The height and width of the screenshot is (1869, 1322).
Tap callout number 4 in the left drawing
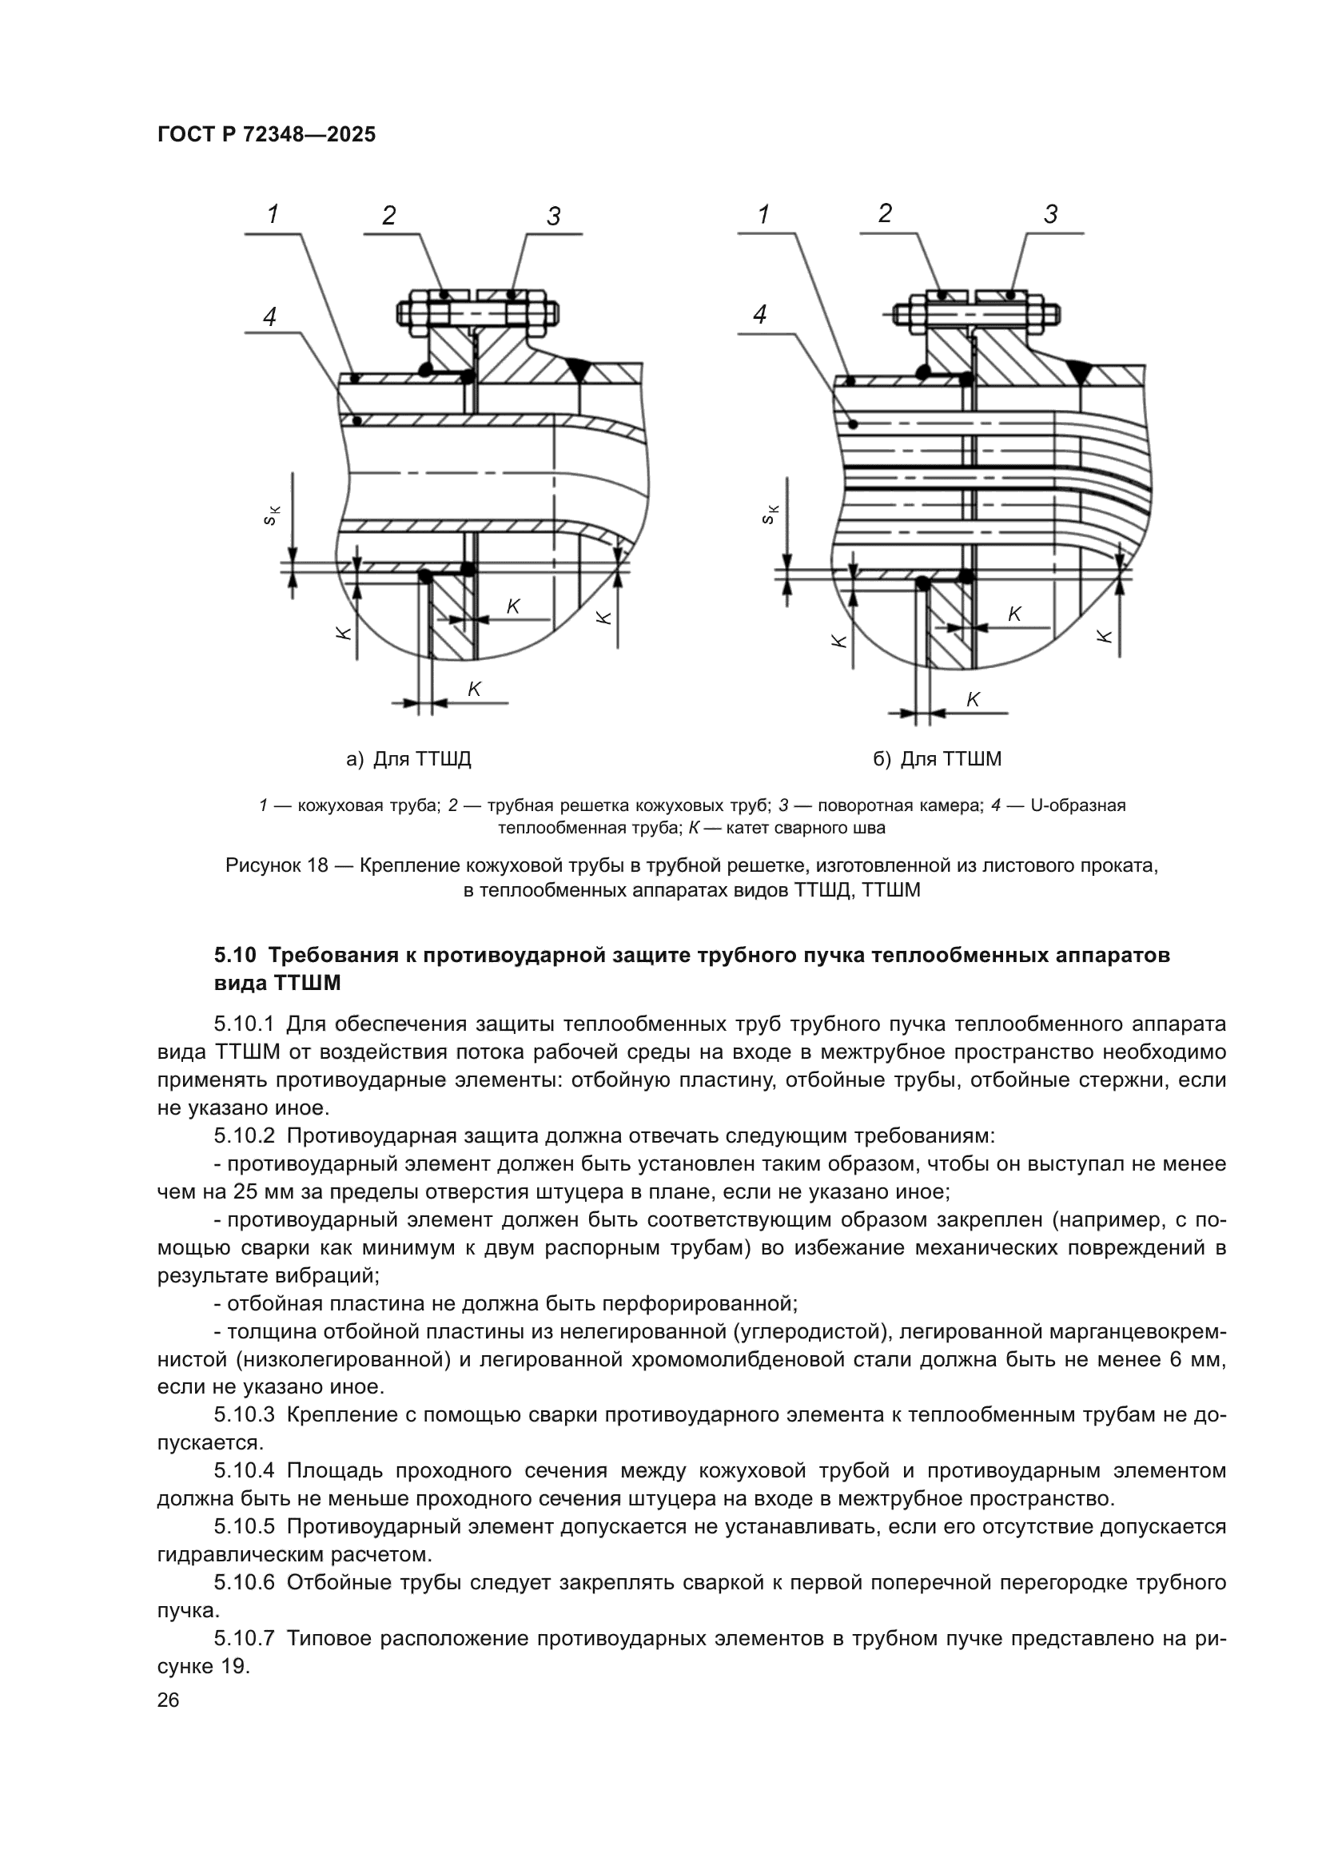tap(270, 316)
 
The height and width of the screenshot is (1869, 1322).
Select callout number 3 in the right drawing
tap(1050, 215)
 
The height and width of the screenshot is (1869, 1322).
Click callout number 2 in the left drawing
tap(389, 216)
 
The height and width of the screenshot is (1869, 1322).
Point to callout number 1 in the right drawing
tap(763, 215)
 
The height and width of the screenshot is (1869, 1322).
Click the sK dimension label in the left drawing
tap(273, 515)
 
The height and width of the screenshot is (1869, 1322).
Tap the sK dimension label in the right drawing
tap(771, 515)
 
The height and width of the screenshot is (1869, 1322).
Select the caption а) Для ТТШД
tap(408, 759)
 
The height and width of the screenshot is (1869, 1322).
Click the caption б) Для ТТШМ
tap(937, 759)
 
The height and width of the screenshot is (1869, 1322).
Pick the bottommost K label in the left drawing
tap(474, 689)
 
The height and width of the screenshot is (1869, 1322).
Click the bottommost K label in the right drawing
tap(972, 699)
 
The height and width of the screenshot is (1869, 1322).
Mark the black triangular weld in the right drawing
tap(1077, 372)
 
